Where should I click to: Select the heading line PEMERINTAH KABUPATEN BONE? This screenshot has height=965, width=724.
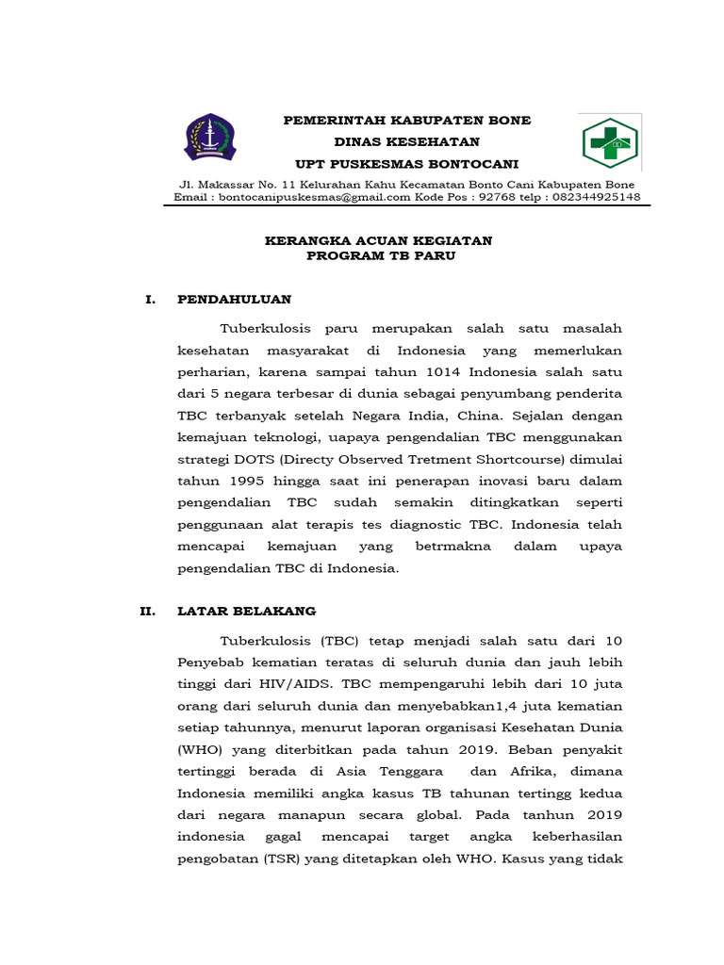407,121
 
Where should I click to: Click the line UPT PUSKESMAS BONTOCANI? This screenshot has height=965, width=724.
407,163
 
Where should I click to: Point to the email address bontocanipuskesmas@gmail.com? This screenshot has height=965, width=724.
315,198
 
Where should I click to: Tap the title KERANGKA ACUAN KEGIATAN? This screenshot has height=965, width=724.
379,241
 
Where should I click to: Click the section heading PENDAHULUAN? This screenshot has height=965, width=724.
235,300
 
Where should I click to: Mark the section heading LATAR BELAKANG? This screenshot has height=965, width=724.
246,612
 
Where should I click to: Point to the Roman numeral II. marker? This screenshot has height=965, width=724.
147,612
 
